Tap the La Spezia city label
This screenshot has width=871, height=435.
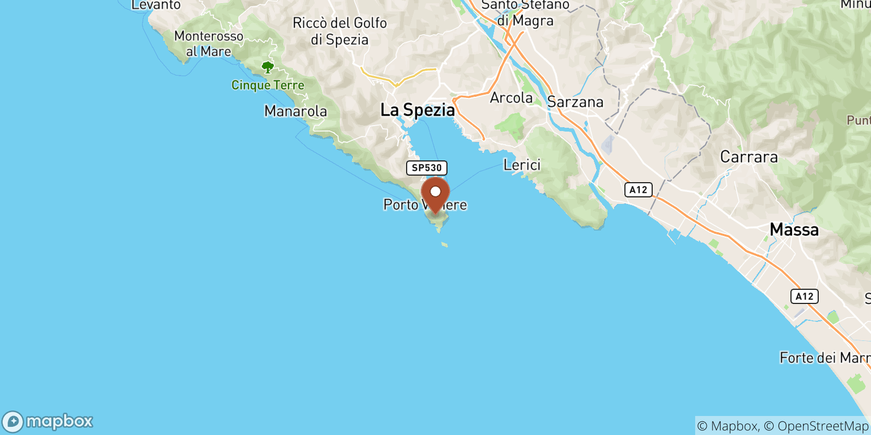(x=418, y=110)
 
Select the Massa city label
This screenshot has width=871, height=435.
(x=794, y=229)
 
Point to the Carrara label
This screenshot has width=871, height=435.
(x=749, y=157)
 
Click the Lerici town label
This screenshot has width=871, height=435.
(x=522, y=165)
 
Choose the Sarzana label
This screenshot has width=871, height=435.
(x=575, y=102)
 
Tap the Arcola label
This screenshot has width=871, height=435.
(x=511, y=98)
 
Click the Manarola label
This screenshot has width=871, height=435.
(x=296, y=111)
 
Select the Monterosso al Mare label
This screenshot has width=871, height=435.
(x=208, y=43)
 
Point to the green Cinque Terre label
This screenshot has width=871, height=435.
(x=268, y=85)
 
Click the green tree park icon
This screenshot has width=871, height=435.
(x=267, y=67)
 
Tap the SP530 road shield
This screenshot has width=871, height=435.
(x=427, y=168)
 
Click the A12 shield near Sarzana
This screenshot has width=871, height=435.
(x=638, y=190)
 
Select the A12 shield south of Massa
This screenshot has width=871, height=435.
(x=804, y=296)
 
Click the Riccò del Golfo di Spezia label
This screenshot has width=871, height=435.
(x=340, y=31)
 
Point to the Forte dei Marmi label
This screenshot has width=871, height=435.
(x=825, y=358)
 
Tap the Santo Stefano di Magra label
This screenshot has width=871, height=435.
(x=525, y=13)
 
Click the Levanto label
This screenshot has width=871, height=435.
(x=156, y=5)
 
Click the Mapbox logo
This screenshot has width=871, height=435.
(x=47, y=421)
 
